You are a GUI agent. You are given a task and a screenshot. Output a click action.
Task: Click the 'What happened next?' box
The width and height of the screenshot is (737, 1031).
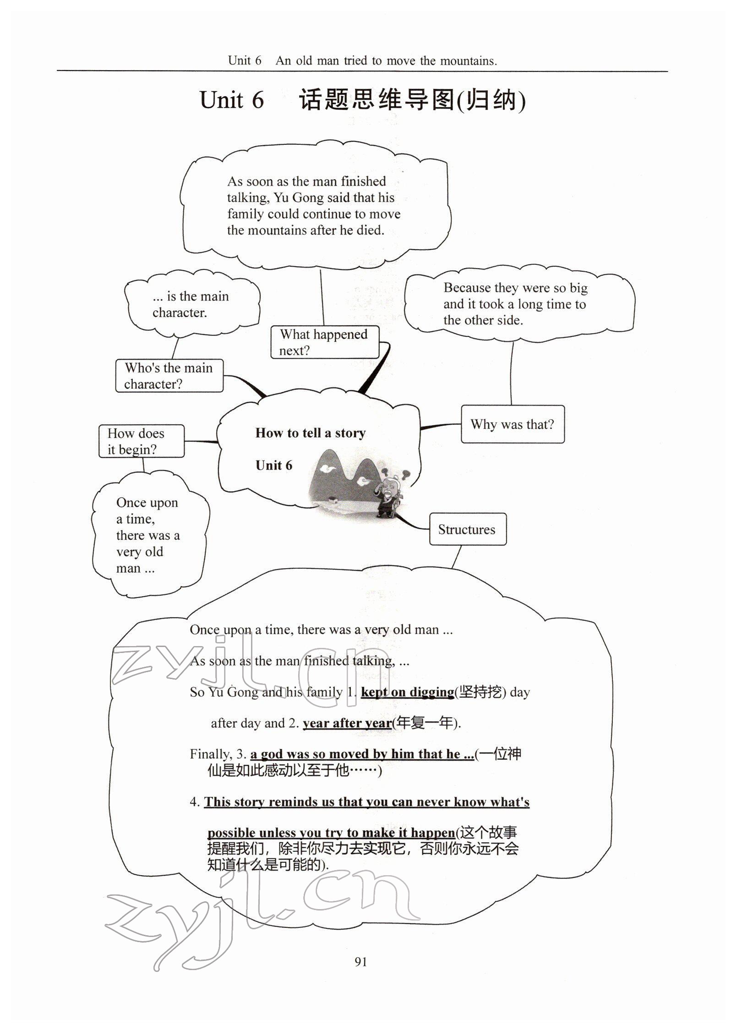point(324,342)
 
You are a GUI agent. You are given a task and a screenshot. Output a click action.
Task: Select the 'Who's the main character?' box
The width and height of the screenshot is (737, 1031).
point(169,376)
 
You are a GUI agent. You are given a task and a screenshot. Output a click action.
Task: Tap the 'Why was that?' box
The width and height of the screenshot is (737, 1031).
point(512,424)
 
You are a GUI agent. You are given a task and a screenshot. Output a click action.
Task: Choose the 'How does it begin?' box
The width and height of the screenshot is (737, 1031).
point(141,441)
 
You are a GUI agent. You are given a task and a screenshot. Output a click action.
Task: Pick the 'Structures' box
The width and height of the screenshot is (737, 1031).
point(467,529)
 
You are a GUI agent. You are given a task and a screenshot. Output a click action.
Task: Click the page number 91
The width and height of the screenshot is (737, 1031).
point(361,961)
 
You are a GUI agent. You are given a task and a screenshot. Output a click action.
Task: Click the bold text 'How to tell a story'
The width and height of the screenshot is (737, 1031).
point(310,433)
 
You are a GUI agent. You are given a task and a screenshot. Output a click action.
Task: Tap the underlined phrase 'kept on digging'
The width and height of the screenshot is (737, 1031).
point(407,692)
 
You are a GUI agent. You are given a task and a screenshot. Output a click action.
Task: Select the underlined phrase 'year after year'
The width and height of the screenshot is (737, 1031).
point(347,723)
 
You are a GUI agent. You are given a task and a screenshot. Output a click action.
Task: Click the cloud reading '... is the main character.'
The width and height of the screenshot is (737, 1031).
point(191,304)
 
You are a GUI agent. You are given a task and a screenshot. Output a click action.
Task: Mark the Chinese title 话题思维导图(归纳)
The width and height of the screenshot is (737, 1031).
point(412,100)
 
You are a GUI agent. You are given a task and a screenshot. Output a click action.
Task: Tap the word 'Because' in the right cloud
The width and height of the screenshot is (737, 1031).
point(467,288)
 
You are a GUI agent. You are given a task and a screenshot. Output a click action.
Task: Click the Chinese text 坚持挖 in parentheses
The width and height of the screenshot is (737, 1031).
point(480,692)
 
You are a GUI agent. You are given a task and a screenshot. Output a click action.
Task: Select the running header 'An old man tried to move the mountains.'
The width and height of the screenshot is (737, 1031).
point(386,60)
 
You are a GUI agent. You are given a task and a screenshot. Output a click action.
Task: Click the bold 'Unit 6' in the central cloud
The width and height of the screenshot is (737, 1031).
point(273,466)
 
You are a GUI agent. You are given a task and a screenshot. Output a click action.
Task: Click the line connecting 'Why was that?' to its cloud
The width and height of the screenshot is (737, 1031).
point(512,373)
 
